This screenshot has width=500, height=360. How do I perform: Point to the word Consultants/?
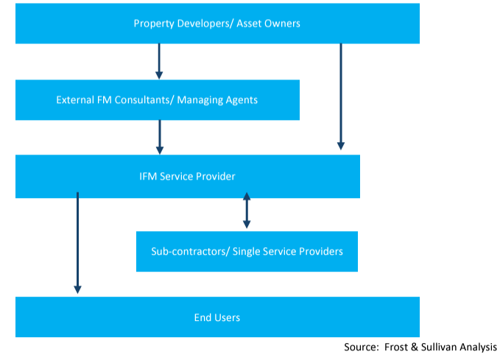[x=144, y=100]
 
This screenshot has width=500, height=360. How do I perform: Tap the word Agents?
[x=242, y=100]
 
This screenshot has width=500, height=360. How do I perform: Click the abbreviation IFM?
[x=148, y=177]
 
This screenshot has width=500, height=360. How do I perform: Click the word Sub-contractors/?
[x=191, y=251]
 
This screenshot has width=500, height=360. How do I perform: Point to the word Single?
[x=247, y=252]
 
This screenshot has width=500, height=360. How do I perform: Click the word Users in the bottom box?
[x=228, y=317]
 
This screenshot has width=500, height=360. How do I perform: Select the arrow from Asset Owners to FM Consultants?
[x=159, y=61]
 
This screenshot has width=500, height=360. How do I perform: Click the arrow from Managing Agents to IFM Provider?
[x=160, y=137]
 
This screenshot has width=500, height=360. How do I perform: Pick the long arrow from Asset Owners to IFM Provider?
[x=341, y=96]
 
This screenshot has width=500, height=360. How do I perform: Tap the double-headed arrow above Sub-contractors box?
[x=247, y=210]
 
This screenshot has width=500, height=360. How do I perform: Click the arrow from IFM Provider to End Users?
[x=77, y=243]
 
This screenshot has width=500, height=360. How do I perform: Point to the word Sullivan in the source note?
[x=440, y=347]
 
